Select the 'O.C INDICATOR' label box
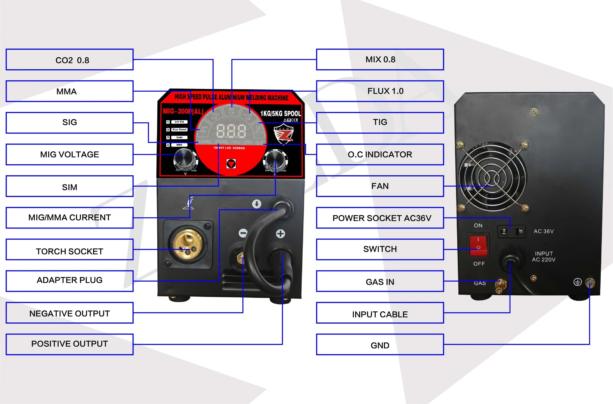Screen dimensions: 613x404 pyautogui.click(x=380, y=154)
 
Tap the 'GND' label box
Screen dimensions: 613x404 pyautogui.click(x=380, y=345)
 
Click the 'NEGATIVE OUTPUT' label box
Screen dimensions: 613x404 pyautogui.click(x=70, y=313)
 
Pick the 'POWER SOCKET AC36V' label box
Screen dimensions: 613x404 pyautogui.click(x=380, y=218)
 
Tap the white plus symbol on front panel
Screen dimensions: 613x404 pyautogui.click(x=280, y=234)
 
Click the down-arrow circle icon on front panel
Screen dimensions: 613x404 pyautogui.click(x=256, y=204)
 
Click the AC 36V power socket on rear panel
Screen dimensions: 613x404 pyautogui.click(x=511, y=231)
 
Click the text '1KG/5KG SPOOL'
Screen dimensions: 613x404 pyautogui.click(x=280, y=114)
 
